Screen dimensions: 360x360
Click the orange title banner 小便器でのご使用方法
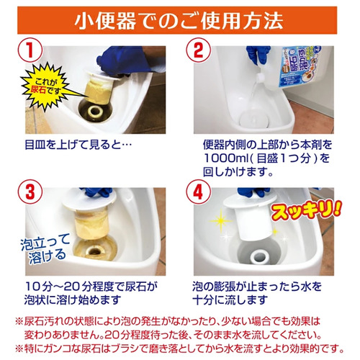[177, 20]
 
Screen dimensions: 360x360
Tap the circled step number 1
[30, 50]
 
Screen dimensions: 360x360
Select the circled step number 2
[199, 50]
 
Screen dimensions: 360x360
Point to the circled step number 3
[30, 192]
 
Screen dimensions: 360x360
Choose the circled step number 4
[199, 192]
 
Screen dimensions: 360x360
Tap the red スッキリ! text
[307, 210]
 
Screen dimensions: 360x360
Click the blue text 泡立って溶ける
[45, 248]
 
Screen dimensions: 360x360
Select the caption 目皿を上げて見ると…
[78, 145]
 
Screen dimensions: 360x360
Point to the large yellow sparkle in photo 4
[220, 221]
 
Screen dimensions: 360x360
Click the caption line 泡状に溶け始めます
[73, 300]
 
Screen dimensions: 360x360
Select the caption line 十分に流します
[230, 300]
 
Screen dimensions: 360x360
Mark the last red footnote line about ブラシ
[180, 348]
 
